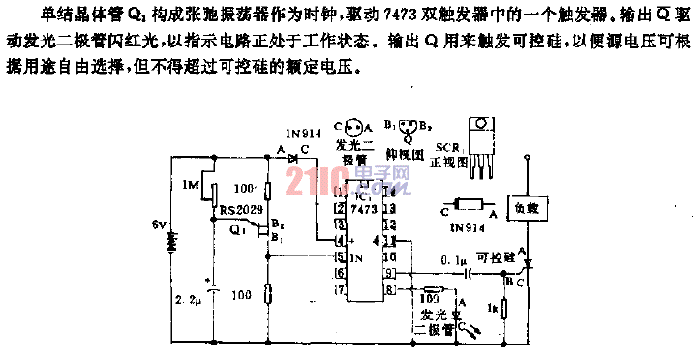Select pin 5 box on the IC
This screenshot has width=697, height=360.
pos(339,257)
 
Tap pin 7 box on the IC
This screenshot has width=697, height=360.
pos(339,289)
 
